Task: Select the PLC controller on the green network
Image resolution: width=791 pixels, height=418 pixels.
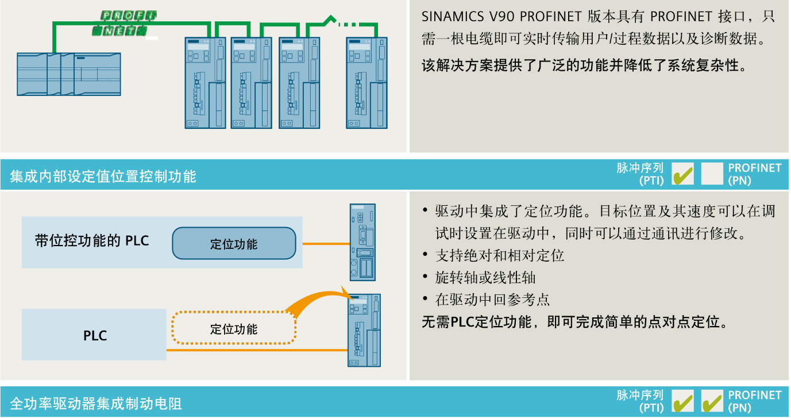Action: click(69, 74)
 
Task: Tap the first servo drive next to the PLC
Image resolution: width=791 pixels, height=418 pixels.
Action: click(205, 83)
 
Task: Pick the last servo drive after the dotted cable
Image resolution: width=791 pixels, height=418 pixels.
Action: click(366, 83)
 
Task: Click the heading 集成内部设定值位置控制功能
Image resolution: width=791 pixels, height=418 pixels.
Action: click(103, 176)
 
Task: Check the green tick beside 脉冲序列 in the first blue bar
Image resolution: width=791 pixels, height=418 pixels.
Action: click(682, 174)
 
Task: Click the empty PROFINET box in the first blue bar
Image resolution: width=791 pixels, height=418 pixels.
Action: click(712, 174)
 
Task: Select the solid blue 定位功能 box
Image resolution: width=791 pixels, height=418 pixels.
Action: click(234, 244)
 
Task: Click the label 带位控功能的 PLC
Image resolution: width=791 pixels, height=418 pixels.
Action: click(92, 241)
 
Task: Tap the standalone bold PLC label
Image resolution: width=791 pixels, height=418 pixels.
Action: click(95, 336)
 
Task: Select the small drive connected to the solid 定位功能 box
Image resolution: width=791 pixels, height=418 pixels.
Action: click(362, 242)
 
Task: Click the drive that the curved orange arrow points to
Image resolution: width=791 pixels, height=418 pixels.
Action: click(364, 330)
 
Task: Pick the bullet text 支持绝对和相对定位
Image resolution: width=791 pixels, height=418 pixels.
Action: click(500, 255)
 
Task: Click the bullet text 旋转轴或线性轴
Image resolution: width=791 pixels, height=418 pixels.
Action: click(485, 278)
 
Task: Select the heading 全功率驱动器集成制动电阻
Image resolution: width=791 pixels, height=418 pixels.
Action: click(96, 403)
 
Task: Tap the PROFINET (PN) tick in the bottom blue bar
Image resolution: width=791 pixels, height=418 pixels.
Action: click(712, 401)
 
